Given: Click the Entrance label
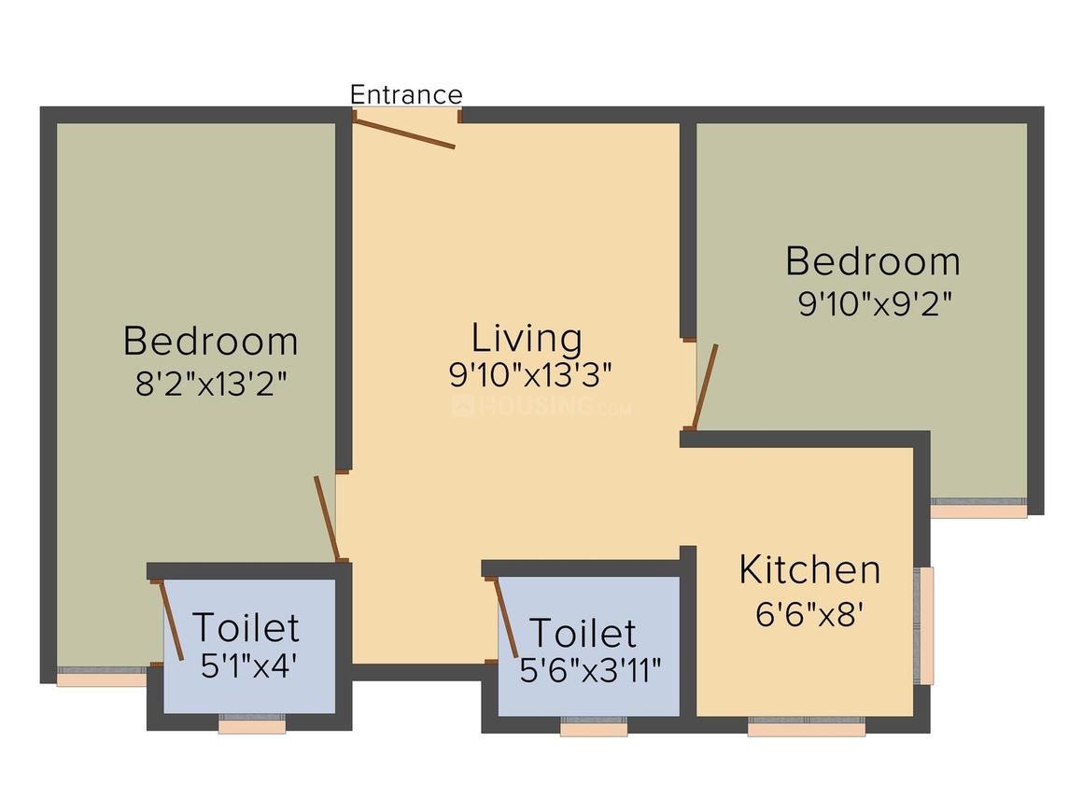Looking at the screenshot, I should [405, 94].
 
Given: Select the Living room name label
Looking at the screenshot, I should [527, 337].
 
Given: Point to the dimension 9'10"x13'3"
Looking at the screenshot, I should [529, 374].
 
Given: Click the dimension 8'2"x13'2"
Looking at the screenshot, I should [210, 384].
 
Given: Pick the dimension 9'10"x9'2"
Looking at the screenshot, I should [873, 304].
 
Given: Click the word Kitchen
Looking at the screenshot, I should [809, 569].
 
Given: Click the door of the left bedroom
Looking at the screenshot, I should [326, 516].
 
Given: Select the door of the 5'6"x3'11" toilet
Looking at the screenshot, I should [505, 617].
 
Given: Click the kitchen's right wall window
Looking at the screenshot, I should [925, 624].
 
